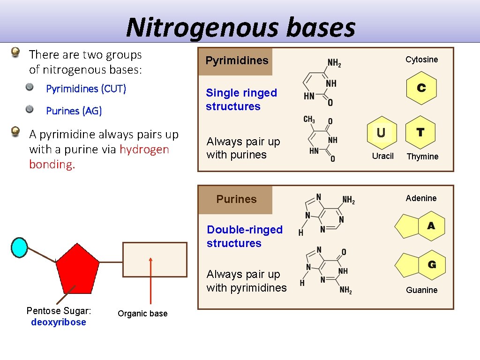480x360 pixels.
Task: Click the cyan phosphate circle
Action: click(19, 247)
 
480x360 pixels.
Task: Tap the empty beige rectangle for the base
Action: click(155, 259)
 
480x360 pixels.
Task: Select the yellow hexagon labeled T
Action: click(420, 133)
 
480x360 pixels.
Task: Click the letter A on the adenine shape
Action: click(431, 226)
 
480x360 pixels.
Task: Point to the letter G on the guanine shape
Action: click(432, 265)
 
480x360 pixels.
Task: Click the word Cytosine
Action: click(421, 60)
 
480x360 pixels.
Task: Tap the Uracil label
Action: click(382, 156)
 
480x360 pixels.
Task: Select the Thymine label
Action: click(422, 157)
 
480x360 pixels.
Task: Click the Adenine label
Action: click(421, 198)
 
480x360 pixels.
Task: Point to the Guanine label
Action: click(421, 290)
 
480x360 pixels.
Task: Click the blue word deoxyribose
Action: click(59, 322)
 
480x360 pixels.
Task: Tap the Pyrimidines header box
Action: click(236, 61)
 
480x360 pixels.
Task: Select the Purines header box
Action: click(236, 199)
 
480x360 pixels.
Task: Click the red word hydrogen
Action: click(144, 150)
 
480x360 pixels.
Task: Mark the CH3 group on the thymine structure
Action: click(309, 120)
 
